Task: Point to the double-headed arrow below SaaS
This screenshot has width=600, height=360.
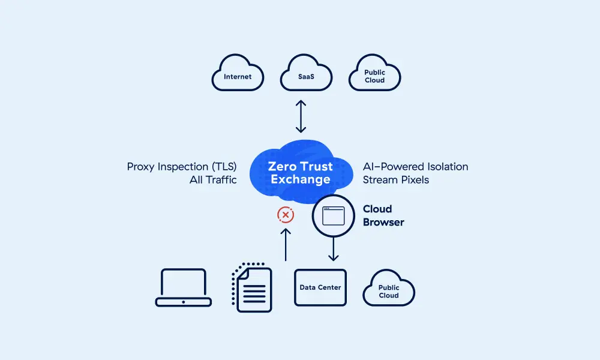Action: pos(301,117)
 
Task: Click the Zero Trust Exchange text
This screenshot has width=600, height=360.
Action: pos(300,173)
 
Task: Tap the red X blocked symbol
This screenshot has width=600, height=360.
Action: pos(286,215)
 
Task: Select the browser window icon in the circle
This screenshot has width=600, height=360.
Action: pos(334,215)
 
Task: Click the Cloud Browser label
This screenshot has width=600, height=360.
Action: pos(383,215)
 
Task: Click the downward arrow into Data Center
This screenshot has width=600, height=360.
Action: pos(334,248)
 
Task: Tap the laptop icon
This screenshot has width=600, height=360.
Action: pos(184,288)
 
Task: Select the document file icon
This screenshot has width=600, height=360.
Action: pos(252,288)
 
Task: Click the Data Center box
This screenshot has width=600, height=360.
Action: pos(320,287)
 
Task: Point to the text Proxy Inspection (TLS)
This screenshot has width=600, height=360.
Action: pos(182,166)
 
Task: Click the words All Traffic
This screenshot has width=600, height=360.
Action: pos(213,179)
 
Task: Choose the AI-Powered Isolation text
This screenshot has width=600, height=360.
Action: pos(415,166)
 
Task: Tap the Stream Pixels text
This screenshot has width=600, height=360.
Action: pos(396,179)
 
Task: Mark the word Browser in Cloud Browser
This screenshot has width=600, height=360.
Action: pos(383,222)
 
